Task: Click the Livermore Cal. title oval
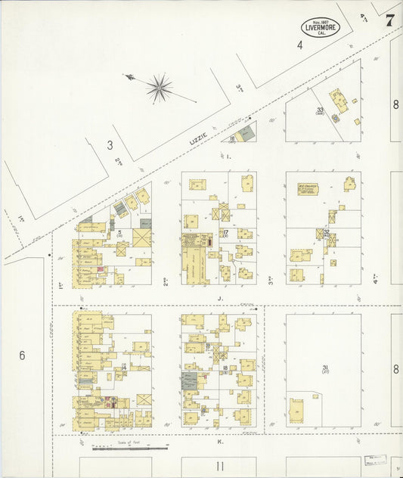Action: coord(321,27)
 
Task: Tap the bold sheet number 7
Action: coord(389,20)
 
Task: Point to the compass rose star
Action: coord(159,88)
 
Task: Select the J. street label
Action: coord(219,298)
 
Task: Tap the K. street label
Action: coord(219,442)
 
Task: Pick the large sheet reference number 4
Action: coord(299,45)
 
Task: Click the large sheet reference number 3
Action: coord(110,144)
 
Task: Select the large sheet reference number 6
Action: coord(22,355)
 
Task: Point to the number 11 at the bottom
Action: coord(220,465)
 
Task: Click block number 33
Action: coord(320,110)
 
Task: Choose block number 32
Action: coord(326,232)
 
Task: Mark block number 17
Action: coord(225,232)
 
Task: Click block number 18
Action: coord(225,368)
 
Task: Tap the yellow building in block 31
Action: coord(300,412)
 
